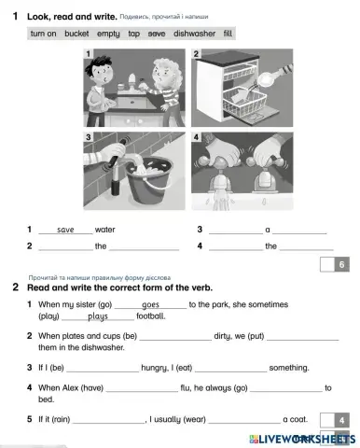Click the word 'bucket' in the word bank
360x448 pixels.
76,33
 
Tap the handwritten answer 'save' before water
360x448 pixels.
65,229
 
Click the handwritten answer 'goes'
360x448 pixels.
150,304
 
